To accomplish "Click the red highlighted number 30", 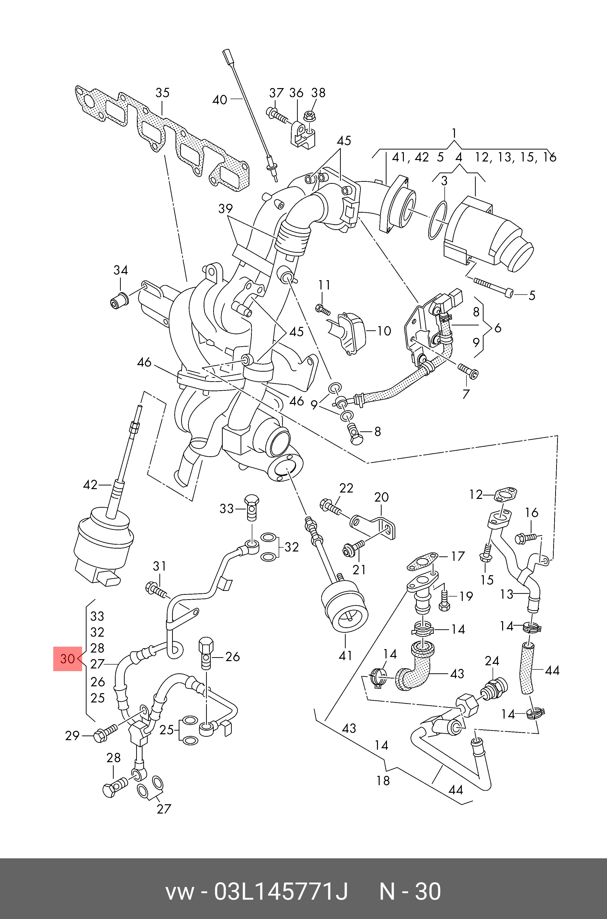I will [x=67, y=659].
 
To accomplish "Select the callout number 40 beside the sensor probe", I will [x=220, y=100].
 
